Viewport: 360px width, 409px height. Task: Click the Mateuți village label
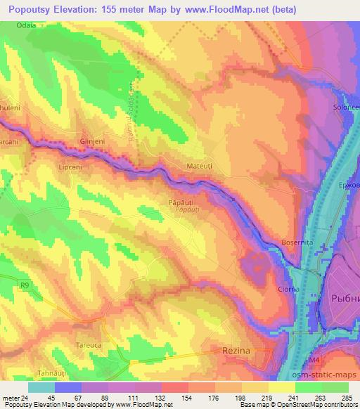click(199, 168)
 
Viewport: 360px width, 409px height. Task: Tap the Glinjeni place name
click(93, 141)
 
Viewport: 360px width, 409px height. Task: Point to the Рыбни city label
click(343, 298)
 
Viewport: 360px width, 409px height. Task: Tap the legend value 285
click(345, 397)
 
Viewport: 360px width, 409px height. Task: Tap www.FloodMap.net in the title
click(219, 9)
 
